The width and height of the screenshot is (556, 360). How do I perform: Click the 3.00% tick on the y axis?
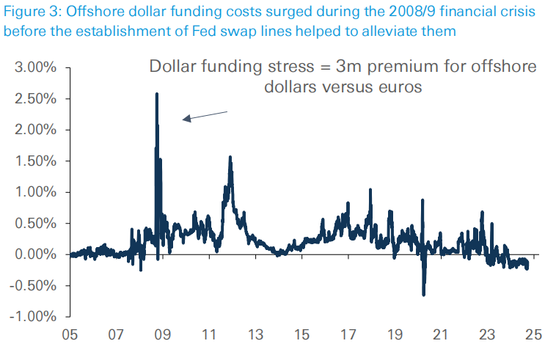(x=36, y=67)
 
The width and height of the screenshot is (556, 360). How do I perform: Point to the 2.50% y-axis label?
(x=36, y=99)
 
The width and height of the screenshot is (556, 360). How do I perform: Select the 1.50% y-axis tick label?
(x=36, y=161)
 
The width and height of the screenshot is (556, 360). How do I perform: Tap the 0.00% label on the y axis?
(x=36, y=254)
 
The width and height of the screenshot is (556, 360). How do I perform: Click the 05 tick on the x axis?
(x=70, y=335)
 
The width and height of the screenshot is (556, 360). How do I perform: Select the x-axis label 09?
(x=163, y=335)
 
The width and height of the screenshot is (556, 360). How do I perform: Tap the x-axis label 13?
(x=255, y=335)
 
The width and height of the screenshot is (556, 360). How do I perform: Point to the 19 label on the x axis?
(x=394, y=335)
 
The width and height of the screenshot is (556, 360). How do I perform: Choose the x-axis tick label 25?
(x=533, y=335)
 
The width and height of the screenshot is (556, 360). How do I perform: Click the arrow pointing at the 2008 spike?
(x=205, y=115)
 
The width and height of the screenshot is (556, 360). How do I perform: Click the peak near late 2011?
(x=230, y=157)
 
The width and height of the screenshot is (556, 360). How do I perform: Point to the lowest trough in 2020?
(x=423, y=295)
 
